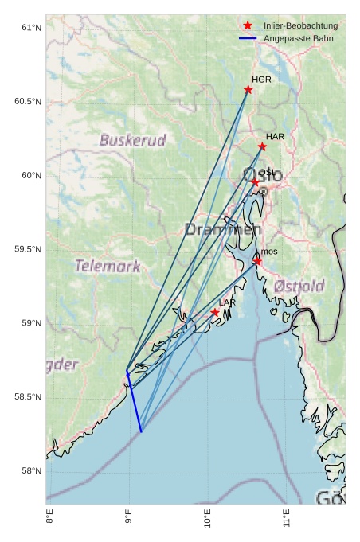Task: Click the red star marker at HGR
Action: pyautogui.click(x=248, y=90)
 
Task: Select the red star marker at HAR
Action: pyautogui.click(x=262, y=146)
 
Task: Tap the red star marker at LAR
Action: pyautogui.click(x=215, y=313)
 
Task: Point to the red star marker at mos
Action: pyautogui.click(x=257, y=261)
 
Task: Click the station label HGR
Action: pyautogui.click(x=261, y=80)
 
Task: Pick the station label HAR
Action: pyautogui.click(x=275, y=137)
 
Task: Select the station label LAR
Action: pyautogui.click(x=227, y=303)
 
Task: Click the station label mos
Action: pyautogui.click(x=269, y=252)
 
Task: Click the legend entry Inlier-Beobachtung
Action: pyautogui.click(x=300, y=26)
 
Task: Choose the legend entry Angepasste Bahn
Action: pyautogui.click(x=298, y=38)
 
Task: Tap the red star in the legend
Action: pyautogui.click(x=248, y=26)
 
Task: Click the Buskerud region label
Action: pyautogui.click(x=133, y=141)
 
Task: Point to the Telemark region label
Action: pyautogui.click(x=108, y=266)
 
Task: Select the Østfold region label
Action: pyautogui.click(x=299, y=286)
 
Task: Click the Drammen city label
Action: pyautogui.click(x=223, y=229)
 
